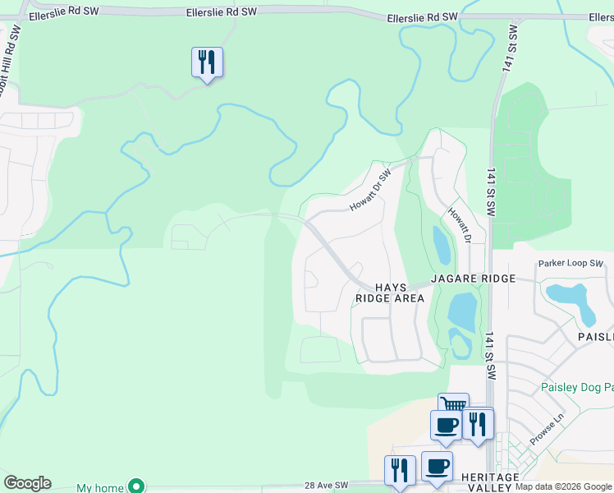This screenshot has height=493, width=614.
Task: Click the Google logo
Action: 27,483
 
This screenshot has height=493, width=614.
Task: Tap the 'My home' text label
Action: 100,487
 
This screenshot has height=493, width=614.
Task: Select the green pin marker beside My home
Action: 138,487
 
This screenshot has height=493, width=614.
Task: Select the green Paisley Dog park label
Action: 577,387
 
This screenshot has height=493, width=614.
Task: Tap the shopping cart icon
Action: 453,403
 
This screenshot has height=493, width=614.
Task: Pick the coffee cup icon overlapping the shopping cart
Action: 446,426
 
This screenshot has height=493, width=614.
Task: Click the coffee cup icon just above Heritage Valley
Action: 437,467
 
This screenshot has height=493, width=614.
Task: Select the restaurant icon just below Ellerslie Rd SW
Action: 207,62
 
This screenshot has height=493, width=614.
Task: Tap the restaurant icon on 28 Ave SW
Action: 400,471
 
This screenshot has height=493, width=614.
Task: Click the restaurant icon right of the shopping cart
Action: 477,424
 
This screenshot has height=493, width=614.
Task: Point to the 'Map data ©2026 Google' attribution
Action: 563,486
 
